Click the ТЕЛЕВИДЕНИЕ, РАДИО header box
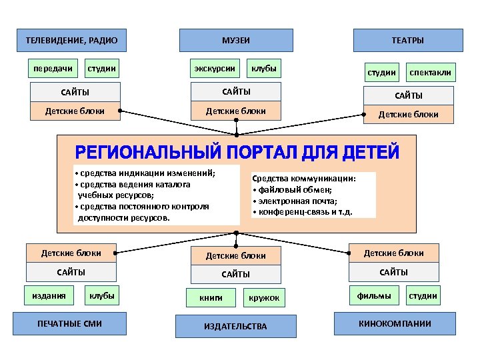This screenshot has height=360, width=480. pyautogui.click(x=71, y=41)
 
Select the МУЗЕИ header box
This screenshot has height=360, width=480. pyautogui.click(x=235, y=41)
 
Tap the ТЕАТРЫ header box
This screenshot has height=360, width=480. pyautogui.click(x=407, y=41)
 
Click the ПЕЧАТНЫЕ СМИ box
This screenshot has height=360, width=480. pyautogui.click(x=70, y=323)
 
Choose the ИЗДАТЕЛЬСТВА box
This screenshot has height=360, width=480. pyautogui.click(x=235, y=326)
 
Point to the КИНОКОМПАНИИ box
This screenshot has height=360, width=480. pyautogui.click(x=395, y=323)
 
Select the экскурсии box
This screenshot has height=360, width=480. pyautogui.click(x=215, y=68)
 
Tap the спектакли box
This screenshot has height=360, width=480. pyautogui.click(x=430, y=72)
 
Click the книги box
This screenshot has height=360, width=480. pyautogui.click(x=211, y=298)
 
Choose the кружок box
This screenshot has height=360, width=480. pyautogui.click(x=265, y=298)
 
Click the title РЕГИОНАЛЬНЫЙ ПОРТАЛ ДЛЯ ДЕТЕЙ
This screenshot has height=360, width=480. pyautogui.click(x=236, y=153)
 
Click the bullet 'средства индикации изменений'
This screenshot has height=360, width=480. pyautogui.click(x=147, y=173)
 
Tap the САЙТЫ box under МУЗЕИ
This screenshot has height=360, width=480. pyautogui.click(x=236, y=91)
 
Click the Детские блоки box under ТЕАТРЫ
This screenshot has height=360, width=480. pyautogui.click(x=408, y=114)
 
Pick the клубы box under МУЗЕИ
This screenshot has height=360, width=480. pyautogui.click(x=264, y=68)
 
